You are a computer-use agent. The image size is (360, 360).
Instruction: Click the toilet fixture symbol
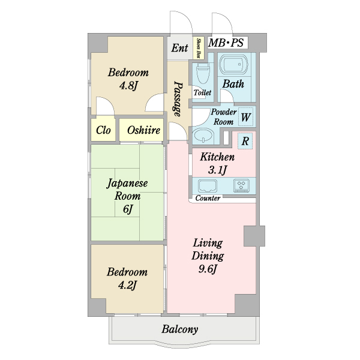click(202, 75)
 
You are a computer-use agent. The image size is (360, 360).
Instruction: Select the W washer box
click(245, 117)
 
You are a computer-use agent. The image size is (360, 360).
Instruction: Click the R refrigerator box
click(245, 142)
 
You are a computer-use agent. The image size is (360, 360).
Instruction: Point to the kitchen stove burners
click(242, 185)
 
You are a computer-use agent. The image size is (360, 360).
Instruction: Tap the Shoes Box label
click(199, 48)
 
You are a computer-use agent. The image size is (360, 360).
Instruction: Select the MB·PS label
click(226, 43)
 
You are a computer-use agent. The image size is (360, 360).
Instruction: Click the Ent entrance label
click(179, 48)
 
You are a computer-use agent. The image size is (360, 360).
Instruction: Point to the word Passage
click(178, 98)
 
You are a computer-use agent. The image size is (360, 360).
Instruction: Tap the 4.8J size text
click(128, 86)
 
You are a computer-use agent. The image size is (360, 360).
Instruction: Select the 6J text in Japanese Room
click(127, 209)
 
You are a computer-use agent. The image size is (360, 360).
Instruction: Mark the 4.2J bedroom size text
click(127, 285)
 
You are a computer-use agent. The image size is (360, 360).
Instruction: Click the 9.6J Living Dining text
click(208, 268)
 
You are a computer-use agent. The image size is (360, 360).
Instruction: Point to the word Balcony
click(180, 329)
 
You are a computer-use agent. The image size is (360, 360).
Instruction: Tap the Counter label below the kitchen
click(208, 199)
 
